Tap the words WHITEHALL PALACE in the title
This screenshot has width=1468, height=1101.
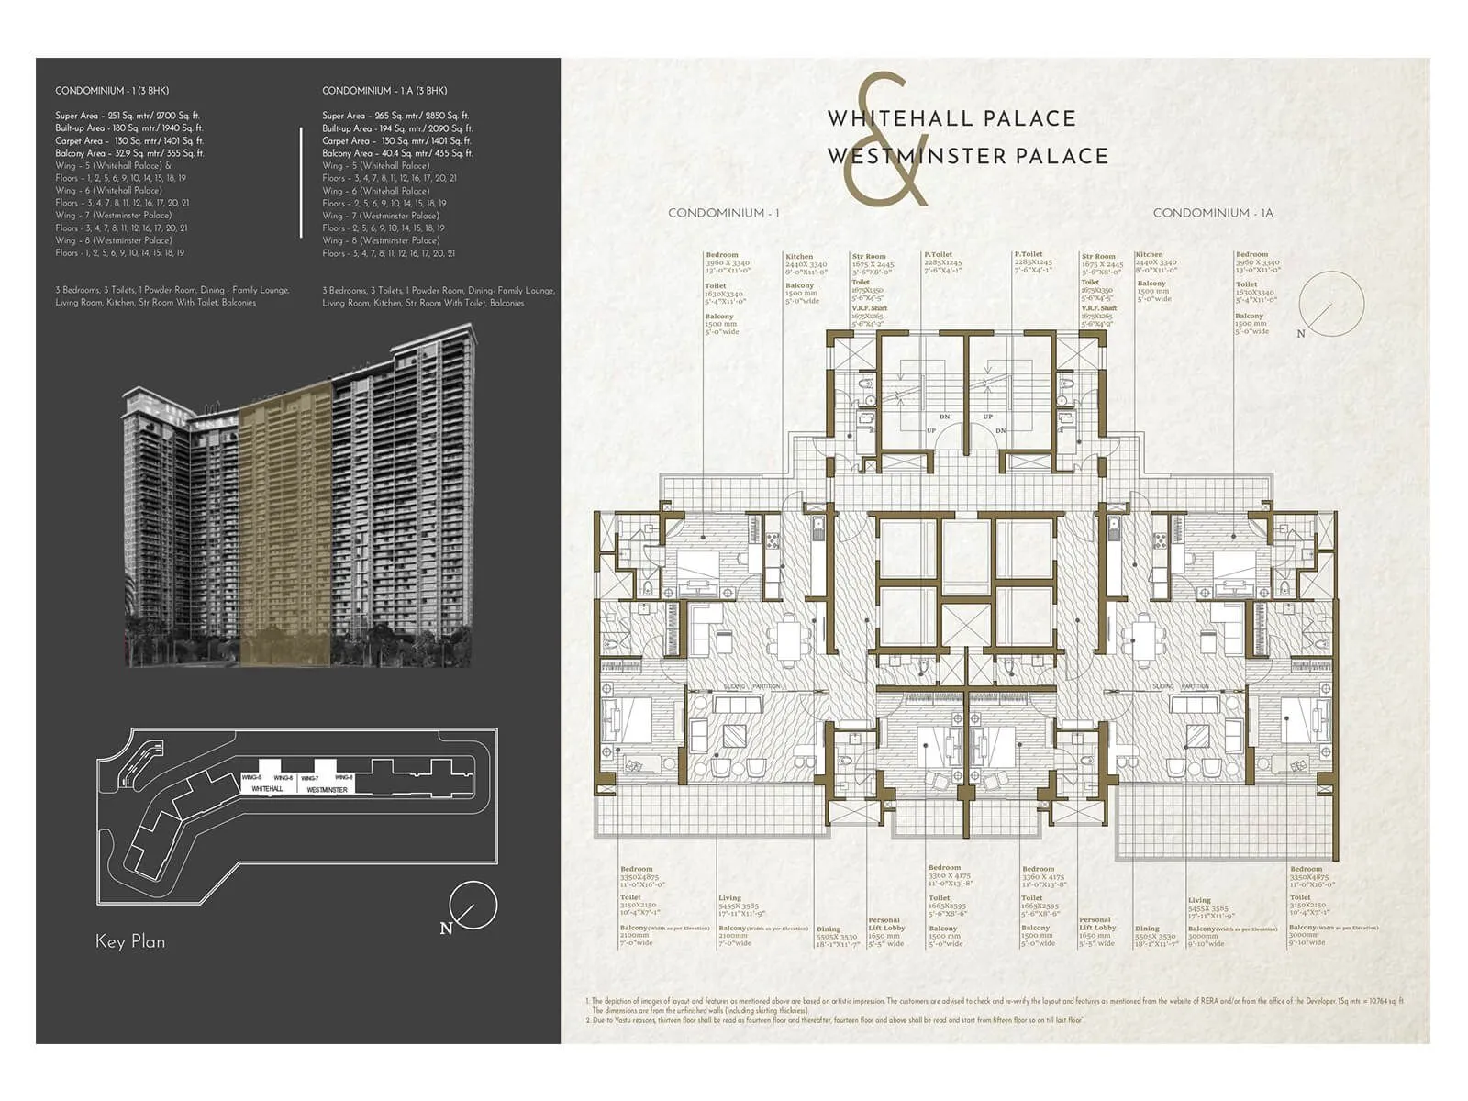[x=951, y=118]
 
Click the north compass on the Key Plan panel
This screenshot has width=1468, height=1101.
[x=473, y=906]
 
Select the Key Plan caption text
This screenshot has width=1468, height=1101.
[x=130, y=941]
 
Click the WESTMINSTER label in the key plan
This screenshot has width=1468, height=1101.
[x=327, y=789]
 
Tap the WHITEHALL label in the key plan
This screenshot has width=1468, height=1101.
[x=267, y=789]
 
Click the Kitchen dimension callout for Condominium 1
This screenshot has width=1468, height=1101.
[x=806, y=264]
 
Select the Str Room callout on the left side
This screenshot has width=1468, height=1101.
[x=872, y=264]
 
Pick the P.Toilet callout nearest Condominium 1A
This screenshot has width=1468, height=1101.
[x=1033, y=262]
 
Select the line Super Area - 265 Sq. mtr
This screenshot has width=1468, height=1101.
[x=395, y=116]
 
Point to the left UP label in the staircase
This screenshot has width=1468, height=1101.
[x=930, y=430]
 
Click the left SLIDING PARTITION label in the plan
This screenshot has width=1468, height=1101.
[x=751, y=686]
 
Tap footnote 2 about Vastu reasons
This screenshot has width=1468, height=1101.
[x=835, y=1019]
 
